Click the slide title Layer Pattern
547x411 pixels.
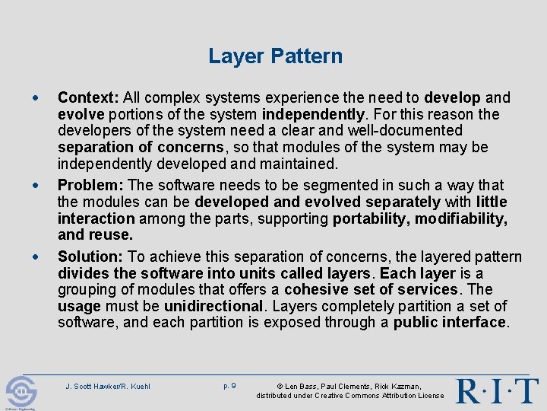(x=275, y=56)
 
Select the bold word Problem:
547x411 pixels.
(x=91, y=185)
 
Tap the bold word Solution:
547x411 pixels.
(x=91, y=256)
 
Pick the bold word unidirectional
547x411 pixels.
(x=212, y=306)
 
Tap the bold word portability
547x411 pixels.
(x=368, y=218)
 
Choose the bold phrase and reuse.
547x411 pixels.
(x=95, y=235)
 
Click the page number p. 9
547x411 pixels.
(x=229, y=386)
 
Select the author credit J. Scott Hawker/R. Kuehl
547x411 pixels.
(x=107, y=387)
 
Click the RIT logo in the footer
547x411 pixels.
(x=497, y=390)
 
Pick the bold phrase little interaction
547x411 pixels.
(x=492, y=202)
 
